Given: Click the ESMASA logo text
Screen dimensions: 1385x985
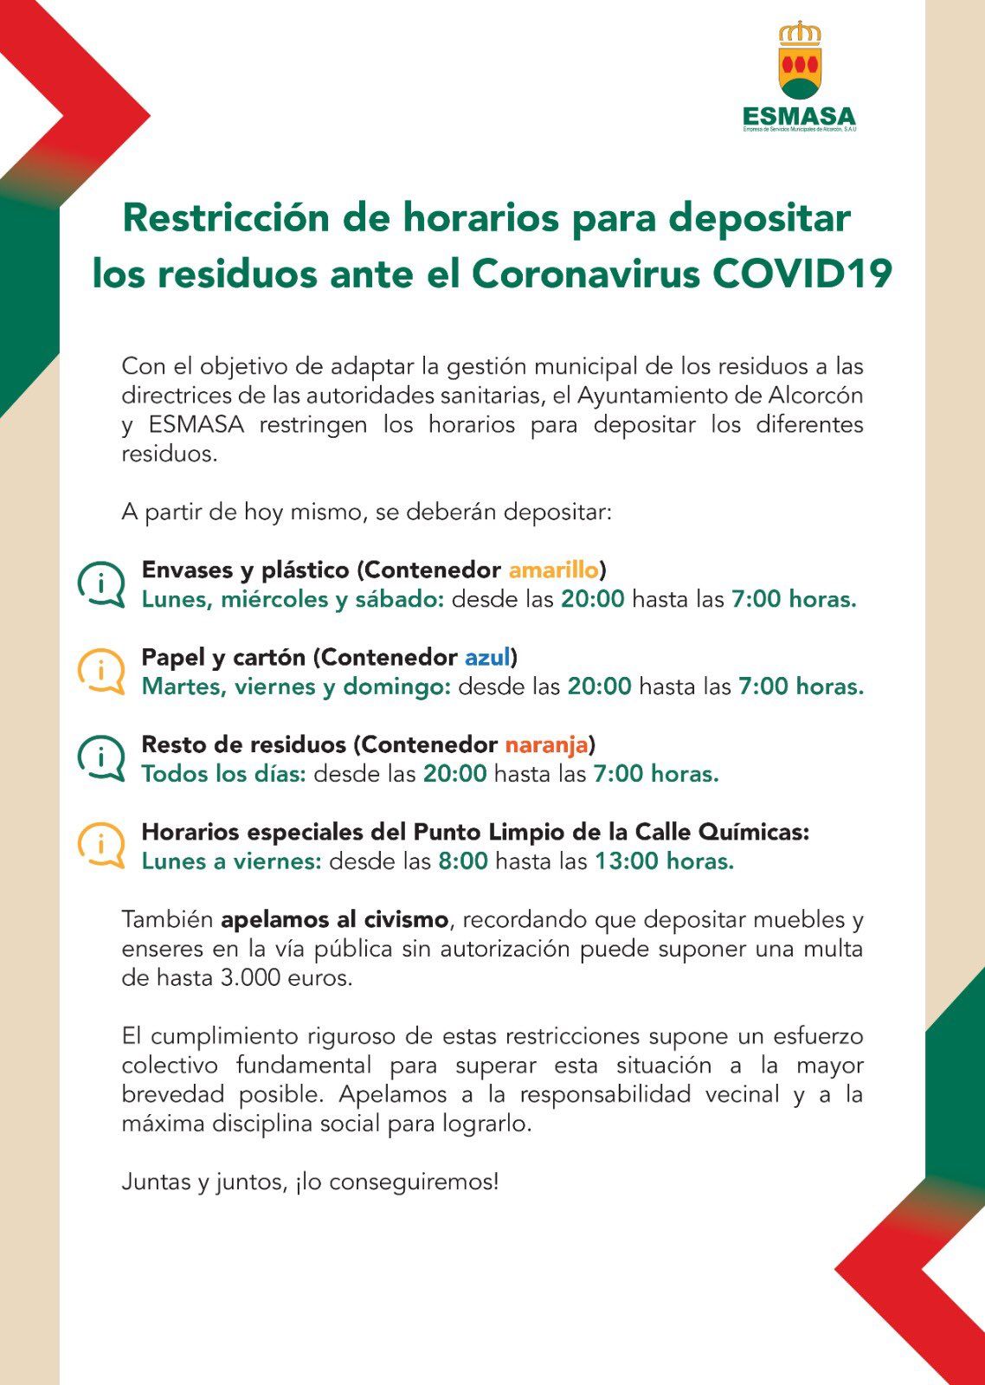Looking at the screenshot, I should [798, 116].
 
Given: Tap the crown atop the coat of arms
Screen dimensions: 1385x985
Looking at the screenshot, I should [799, 34].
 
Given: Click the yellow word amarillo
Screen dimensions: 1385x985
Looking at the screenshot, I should [554, 570].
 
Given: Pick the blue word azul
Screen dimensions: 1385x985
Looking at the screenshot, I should [487, 657].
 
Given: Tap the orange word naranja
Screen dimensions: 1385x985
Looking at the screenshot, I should [546, 744].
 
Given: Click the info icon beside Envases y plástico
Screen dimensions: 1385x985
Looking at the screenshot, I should [101, 584].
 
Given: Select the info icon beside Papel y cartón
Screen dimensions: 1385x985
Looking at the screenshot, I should [101, 671].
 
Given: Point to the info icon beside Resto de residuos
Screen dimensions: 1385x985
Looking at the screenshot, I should [101, 758].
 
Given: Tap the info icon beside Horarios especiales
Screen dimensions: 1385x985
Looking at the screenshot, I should [101, 845].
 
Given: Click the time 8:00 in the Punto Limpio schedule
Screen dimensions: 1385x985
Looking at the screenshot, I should [463, 861].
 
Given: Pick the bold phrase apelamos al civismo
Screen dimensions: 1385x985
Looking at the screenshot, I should [335, 919].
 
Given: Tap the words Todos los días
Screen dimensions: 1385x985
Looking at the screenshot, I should [223, 774].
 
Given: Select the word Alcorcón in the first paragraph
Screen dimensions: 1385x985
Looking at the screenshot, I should [815, 396].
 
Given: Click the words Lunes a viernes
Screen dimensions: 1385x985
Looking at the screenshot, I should [231, 861].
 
